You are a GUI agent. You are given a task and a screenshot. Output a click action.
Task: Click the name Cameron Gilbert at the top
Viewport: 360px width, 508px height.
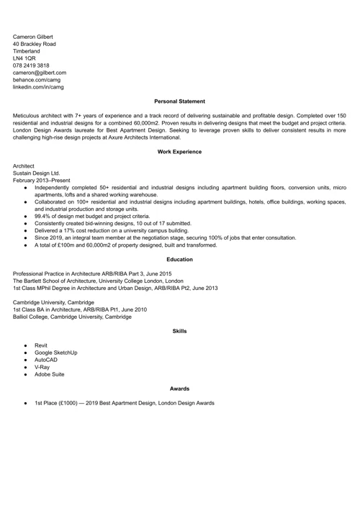click(x=32, y=37)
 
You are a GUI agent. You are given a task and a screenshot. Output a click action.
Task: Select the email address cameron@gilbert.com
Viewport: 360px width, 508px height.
click(x=39, y=73)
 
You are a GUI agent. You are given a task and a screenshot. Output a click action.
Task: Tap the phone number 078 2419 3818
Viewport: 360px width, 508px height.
click(x=31, y=65)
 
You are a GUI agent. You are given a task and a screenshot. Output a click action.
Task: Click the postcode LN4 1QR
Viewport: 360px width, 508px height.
click(x=24, y=58)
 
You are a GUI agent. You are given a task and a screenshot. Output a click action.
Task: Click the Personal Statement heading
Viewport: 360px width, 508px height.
click(x=179, y=101)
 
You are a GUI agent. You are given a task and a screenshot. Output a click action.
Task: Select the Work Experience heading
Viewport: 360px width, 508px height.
click(x=179, y=152)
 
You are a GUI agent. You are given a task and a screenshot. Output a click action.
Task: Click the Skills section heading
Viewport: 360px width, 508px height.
click(x=179, y=331)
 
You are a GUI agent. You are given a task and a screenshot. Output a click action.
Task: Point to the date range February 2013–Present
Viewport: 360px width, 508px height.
click(x=42, y=180)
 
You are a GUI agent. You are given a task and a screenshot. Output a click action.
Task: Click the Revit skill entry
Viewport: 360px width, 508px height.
click(x=41, y=345)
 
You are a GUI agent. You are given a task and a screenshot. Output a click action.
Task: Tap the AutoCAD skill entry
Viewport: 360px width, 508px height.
click(x=46, y=360)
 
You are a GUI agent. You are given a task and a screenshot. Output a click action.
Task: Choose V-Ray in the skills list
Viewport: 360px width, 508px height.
click(x=42, y=367)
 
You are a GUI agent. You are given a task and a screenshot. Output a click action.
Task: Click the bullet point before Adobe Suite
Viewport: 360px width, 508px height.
click(x=24, y=374)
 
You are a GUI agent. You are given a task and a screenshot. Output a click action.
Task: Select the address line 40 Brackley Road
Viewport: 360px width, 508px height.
click(x=34, y=44)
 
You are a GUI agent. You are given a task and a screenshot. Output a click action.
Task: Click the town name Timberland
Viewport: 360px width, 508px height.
click(x=27, y=51)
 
